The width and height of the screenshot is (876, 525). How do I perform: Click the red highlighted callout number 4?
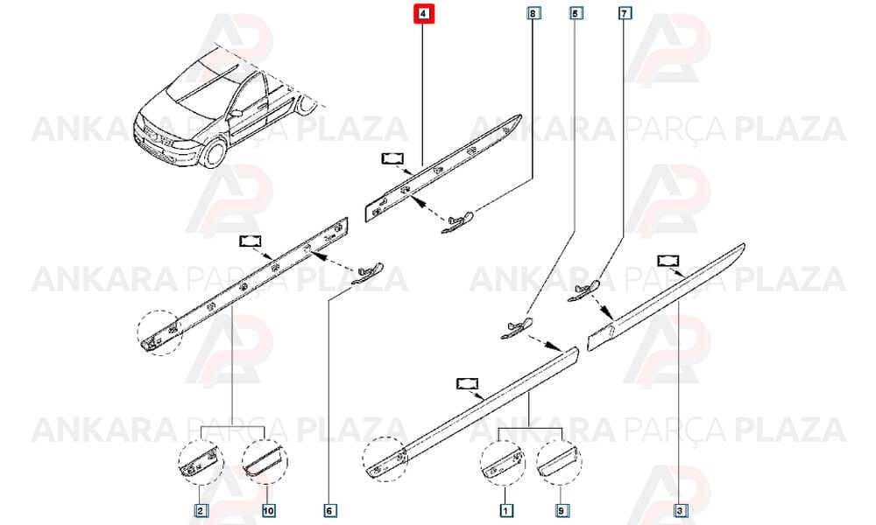click(x=423, y=13)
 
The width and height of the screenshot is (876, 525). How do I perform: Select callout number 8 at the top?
click(x=533, y=12)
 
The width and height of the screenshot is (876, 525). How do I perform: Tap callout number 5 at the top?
click(x=576, y=12)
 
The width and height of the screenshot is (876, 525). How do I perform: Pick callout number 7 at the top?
click(x=625, y=12)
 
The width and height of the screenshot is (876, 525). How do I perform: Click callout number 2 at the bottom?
click(x=201, y=510)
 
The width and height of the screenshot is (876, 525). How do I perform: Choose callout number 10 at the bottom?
click(x=267, y=510)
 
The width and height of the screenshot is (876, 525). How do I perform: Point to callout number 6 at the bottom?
click(x=329, y=510)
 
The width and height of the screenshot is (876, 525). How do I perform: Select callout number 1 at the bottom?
click(x=505, y=510)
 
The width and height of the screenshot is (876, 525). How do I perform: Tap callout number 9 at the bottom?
click(x=561, y=510)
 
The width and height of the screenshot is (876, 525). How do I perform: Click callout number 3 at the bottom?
click(x=680, y=510)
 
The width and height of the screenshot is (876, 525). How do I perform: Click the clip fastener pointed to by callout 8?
click(x=457, y=221)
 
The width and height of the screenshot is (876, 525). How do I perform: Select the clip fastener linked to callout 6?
click(x=367, y=272)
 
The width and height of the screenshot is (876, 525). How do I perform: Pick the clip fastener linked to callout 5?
click(x=516, y=328)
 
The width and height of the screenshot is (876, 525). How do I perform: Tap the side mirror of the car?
click(x=236, y=113)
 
